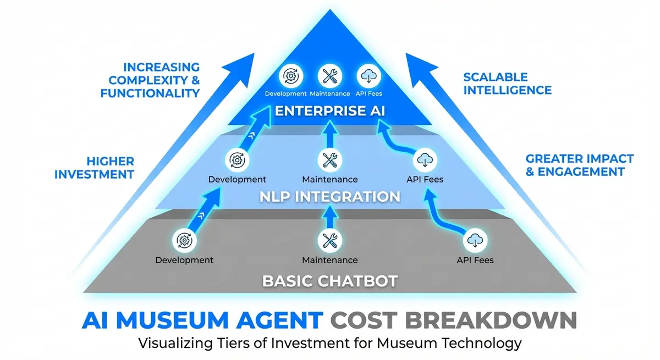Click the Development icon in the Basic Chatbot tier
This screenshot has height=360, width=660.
183,241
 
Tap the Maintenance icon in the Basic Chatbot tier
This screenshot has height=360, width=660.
329,241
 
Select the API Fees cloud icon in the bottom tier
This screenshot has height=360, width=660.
475,241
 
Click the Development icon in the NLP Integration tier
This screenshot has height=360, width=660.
237,160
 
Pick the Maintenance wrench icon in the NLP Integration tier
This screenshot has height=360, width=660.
329,160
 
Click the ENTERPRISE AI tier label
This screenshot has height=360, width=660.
330,110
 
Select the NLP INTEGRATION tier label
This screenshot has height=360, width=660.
330,197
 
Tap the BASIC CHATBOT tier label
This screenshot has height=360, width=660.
330,281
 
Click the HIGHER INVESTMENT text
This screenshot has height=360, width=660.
110,168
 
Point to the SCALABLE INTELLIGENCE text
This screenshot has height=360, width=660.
507,83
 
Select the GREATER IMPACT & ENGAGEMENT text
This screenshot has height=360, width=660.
580,165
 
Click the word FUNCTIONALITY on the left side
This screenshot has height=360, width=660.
150,93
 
